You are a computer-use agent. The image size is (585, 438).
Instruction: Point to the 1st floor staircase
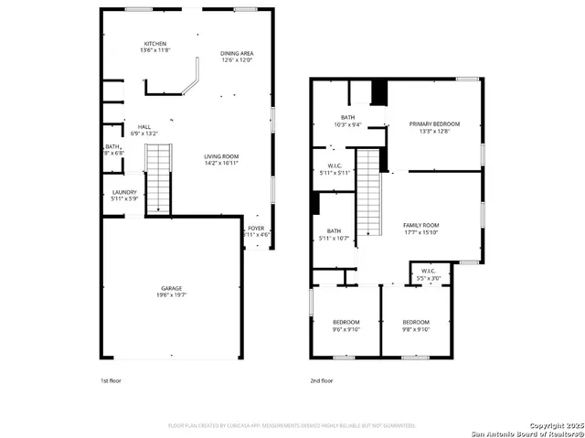click(159, 178)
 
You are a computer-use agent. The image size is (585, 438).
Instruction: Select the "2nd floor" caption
click(322, 380)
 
